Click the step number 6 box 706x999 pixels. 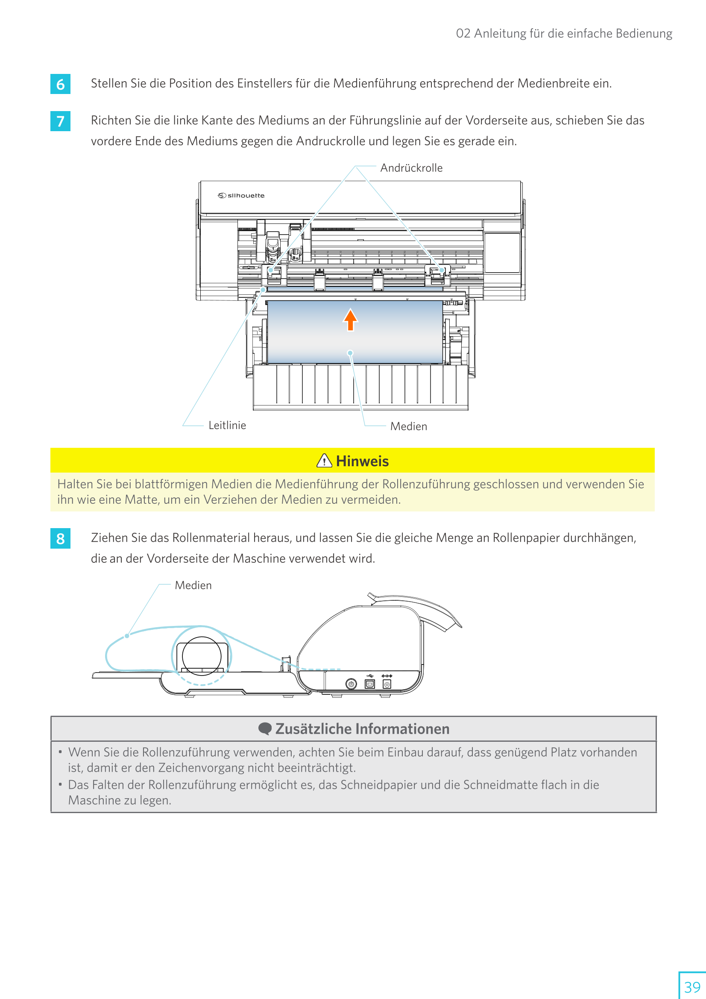click(61, 84)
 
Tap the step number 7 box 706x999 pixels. click(61, 121)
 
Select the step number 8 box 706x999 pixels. click(61, 539)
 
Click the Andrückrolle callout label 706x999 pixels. click(411, 168)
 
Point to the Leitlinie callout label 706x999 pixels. click(227, 425)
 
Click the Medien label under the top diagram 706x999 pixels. click(408, 426)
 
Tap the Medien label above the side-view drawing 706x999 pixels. click(193, 585)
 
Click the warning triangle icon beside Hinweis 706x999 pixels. click(324, 460)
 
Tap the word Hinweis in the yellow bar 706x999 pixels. click(362, 461)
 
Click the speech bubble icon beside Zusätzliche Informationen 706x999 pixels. click(264, 729)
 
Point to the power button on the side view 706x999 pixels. click(351, 684)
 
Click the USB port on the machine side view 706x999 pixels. click(369, 684)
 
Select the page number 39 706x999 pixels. click(692, 986)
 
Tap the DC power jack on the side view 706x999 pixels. click(387, 684)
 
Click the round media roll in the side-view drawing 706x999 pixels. click(202, 656)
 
